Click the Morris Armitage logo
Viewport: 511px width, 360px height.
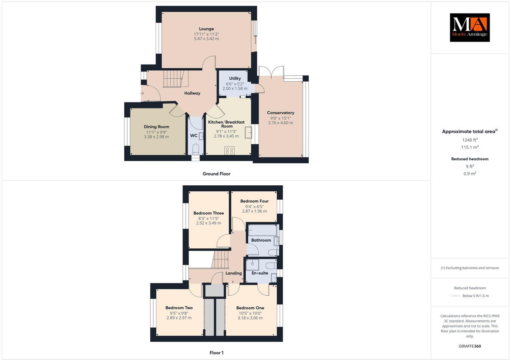click(469, 27)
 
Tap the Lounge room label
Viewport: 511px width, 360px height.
click(206, 29)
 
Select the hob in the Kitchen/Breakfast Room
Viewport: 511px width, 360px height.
click(229, 151)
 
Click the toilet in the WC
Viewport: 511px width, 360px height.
click(196, 149)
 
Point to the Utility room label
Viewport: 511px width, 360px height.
click(235, 79)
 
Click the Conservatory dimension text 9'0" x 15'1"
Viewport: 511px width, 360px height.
click(280, 118)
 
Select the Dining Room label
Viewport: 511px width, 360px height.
click(156, 127)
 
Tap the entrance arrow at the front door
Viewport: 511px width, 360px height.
click(142, 93)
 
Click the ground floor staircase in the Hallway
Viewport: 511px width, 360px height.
click(173, 79)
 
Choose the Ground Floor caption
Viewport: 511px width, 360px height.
click(216, 174)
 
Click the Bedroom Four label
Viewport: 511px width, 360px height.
click(254, 201)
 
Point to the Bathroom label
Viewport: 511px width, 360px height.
click(261, 240)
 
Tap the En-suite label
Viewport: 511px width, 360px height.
click(260, 273)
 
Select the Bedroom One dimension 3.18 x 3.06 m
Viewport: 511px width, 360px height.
click(250, 318)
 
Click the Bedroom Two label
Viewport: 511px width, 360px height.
click(179, 308)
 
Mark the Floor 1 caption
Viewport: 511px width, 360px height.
click(217, 353)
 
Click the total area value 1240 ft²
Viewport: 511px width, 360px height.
click(469, 140)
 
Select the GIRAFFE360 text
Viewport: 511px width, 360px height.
click(469, 346)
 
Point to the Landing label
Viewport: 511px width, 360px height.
click(234, 273)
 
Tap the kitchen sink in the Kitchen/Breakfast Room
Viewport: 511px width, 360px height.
click(248, 133)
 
